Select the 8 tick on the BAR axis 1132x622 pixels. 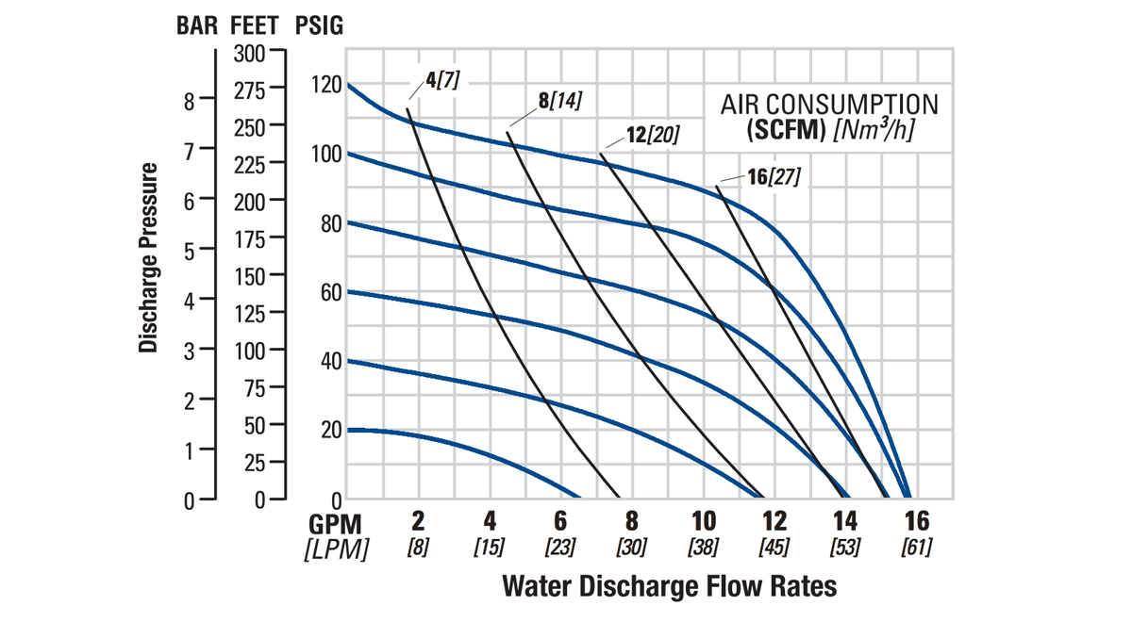189,101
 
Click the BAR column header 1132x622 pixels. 197,25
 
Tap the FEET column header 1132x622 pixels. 253,25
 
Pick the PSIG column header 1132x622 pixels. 319,25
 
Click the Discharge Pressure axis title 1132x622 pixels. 148,257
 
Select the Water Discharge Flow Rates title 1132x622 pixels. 669,586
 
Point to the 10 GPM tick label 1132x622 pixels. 704,521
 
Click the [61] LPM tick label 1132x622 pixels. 916,547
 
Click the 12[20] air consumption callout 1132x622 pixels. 652,135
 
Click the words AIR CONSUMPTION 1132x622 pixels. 829,104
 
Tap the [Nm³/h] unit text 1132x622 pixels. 873,129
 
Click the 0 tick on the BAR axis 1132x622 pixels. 189,500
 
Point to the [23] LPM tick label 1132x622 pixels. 560,547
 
